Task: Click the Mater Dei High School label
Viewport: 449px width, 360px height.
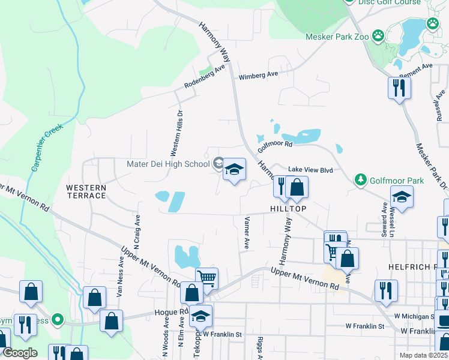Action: [167, 164]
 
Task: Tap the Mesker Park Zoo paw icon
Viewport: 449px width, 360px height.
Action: [378, 36]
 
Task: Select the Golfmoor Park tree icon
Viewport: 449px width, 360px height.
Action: [360, 180]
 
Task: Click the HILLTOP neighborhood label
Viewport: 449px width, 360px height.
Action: [288, 209]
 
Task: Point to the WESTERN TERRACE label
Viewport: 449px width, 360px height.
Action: [86, 192]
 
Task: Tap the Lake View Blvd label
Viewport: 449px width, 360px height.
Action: [310, 170]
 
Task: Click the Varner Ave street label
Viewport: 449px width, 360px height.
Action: [246, 234]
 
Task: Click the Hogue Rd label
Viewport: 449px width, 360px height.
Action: [175, 313]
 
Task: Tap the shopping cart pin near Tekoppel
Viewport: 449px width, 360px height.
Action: [206, 278]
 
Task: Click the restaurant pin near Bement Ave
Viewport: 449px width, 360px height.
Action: [399, 88]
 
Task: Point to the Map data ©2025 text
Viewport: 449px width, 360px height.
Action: [424, 355]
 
